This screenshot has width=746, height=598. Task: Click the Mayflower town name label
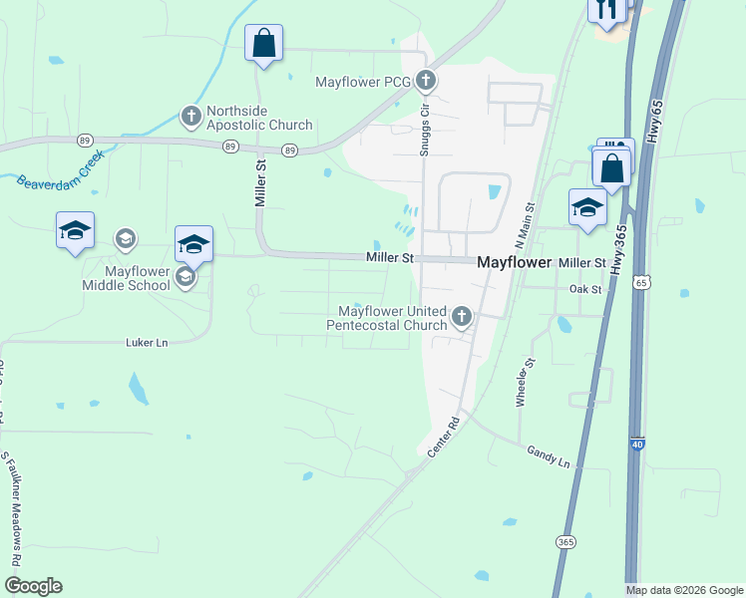(514, 262)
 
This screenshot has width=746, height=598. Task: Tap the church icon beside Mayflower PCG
(426, 80)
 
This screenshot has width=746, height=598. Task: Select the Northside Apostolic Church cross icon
(190, 117)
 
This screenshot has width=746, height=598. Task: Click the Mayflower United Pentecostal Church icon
(461, 317)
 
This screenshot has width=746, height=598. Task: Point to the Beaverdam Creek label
(60, 170)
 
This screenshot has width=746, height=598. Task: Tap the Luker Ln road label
(148, 342)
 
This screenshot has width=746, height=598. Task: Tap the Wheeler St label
(525, 382)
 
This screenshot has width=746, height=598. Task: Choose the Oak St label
(586, 289)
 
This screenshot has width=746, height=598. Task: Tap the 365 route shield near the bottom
(565, 541)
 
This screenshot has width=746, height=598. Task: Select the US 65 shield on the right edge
(639, 283)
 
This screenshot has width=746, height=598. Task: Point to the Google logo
(33, 586)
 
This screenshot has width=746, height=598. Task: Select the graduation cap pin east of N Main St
(587, 208)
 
